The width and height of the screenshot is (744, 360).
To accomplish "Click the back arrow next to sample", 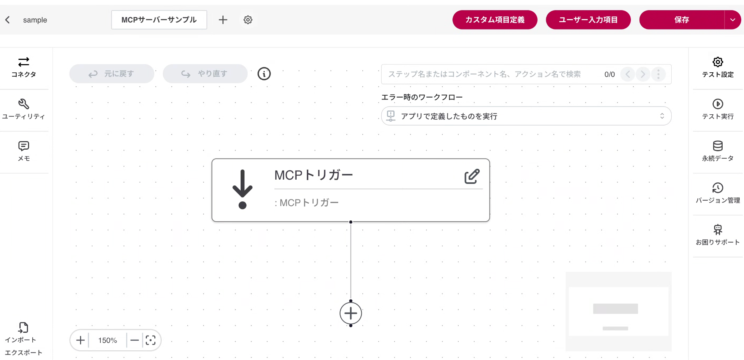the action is pos(8,20).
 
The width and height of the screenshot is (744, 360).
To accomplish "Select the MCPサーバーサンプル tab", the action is pos(159,20).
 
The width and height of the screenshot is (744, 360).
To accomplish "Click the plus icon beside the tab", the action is pos(223,20).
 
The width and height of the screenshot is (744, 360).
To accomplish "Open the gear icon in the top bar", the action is pos(248,20).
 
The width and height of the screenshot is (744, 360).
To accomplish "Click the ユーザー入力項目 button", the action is pos(588,20).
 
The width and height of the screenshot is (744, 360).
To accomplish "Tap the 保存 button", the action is pos(681,20).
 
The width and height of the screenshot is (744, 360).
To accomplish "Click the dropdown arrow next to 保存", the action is pos(733,20).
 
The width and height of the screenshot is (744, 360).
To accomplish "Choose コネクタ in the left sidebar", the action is pos(24,67).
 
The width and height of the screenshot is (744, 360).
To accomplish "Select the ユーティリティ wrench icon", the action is pos(24,104).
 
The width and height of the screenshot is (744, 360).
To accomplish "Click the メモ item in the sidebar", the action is pos(24,151).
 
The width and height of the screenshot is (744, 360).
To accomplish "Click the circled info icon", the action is pos(264,74).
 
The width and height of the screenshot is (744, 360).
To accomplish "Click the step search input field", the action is pos(490,74).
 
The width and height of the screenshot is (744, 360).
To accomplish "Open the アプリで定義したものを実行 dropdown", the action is pos(526,116).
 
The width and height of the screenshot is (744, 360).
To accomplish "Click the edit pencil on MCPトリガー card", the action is pos(472,177).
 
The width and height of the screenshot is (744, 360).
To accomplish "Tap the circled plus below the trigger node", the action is pos(351,313).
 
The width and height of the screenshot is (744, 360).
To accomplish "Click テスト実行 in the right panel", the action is pos(718,109).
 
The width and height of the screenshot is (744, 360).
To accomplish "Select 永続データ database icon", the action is pos(718,146).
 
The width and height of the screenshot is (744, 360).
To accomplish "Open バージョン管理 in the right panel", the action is pos(718,193).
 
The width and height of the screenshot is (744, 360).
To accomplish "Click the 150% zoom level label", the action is pos(108,341).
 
